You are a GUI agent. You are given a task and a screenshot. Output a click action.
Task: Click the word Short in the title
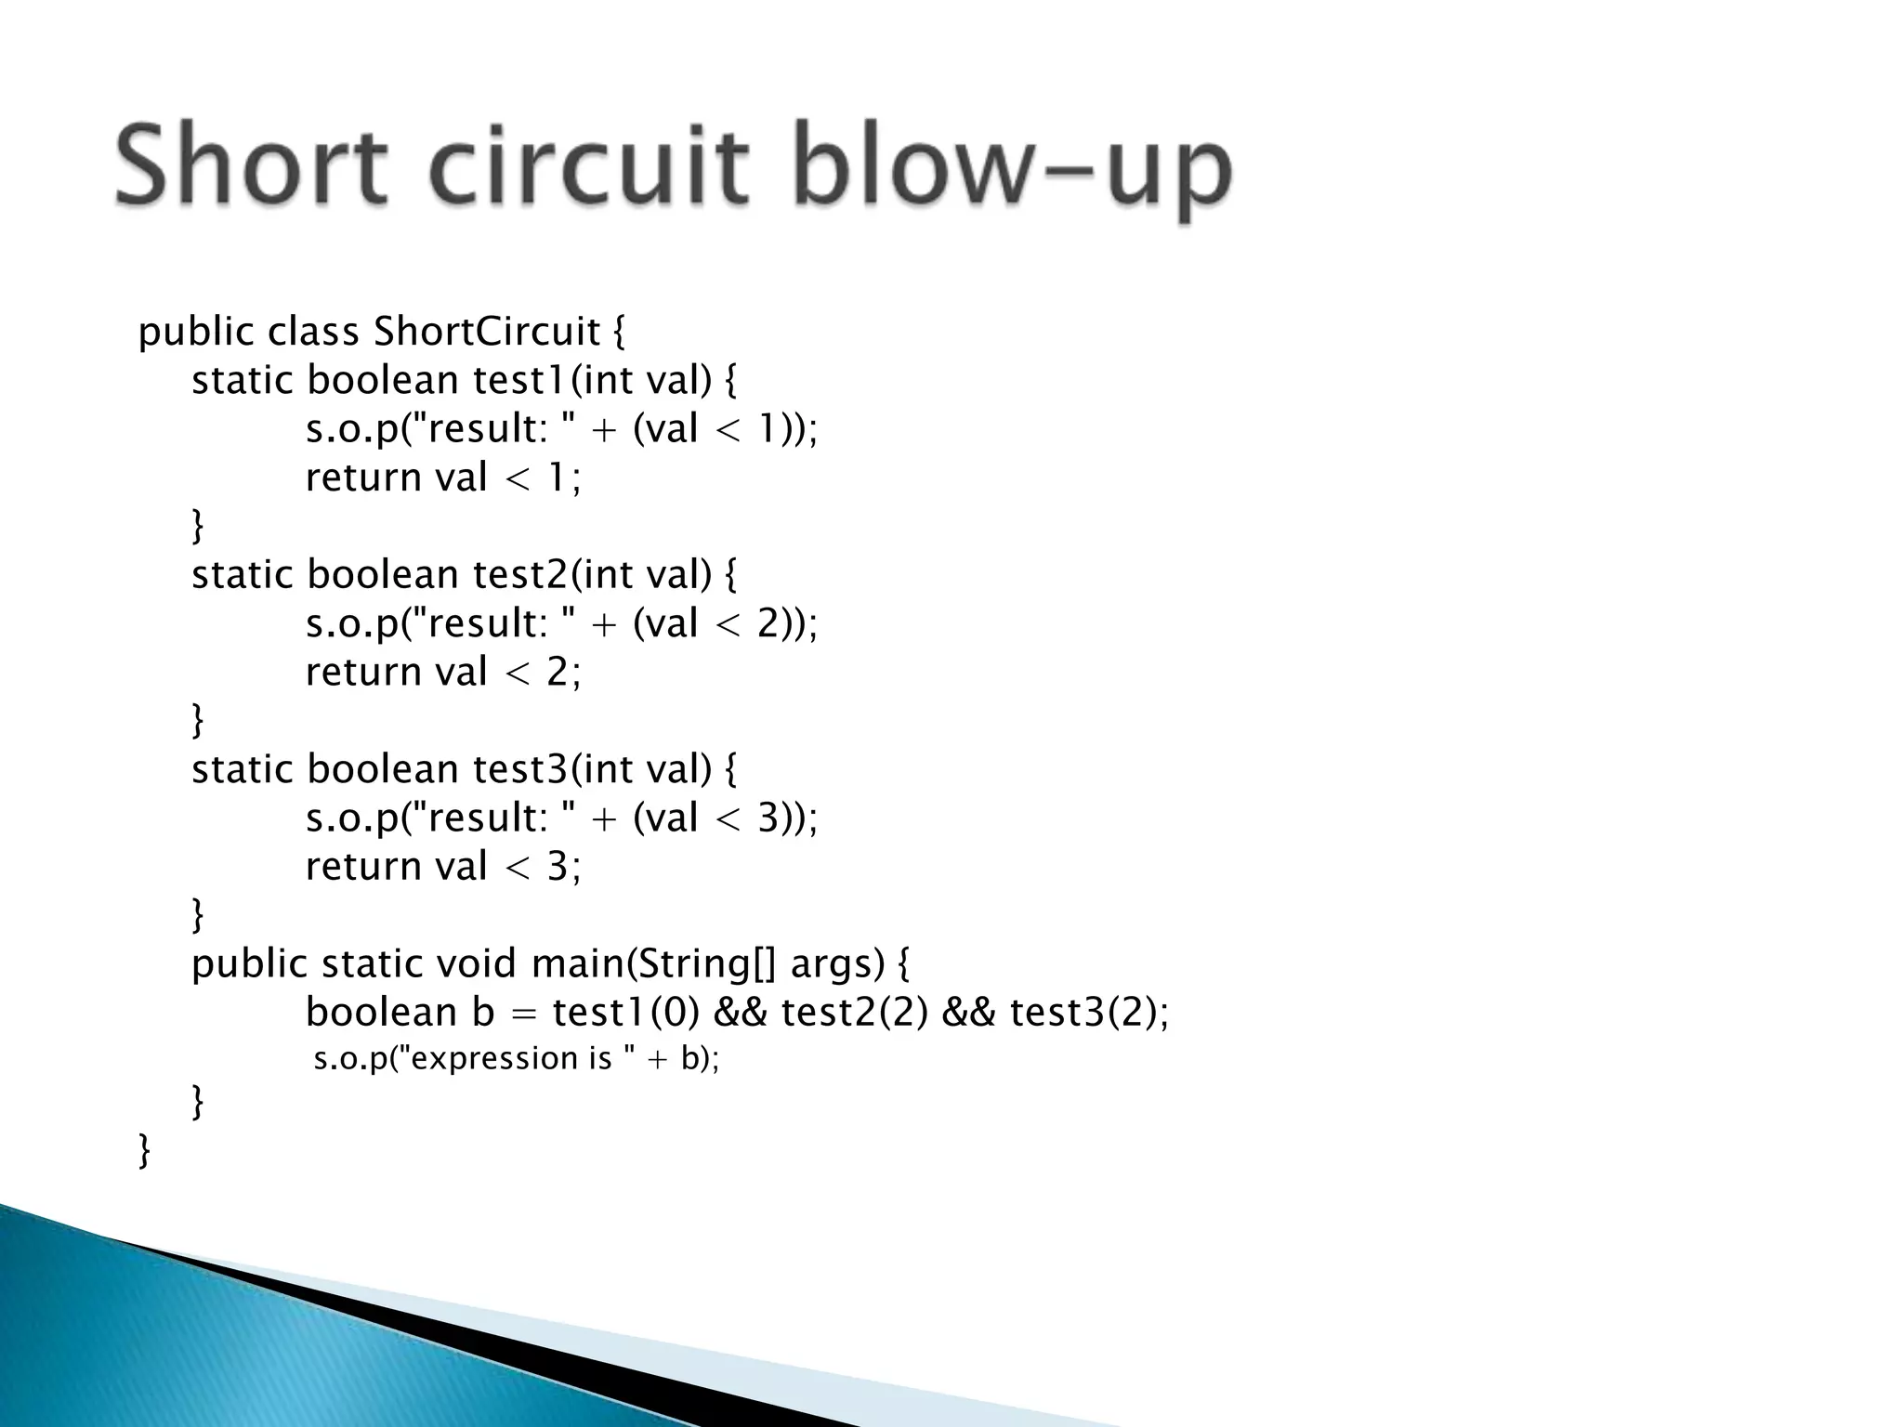249,167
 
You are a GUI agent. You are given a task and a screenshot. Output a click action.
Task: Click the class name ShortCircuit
487,332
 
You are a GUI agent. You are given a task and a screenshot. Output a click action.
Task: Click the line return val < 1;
442,478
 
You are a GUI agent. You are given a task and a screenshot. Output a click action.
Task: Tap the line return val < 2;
442,672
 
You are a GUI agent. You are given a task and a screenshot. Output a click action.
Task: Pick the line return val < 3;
442,866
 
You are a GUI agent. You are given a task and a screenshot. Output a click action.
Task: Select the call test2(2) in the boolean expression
854,1012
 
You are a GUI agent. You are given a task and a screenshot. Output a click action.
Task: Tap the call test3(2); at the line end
1088,1012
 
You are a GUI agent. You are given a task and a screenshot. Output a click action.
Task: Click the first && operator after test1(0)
740,1012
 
